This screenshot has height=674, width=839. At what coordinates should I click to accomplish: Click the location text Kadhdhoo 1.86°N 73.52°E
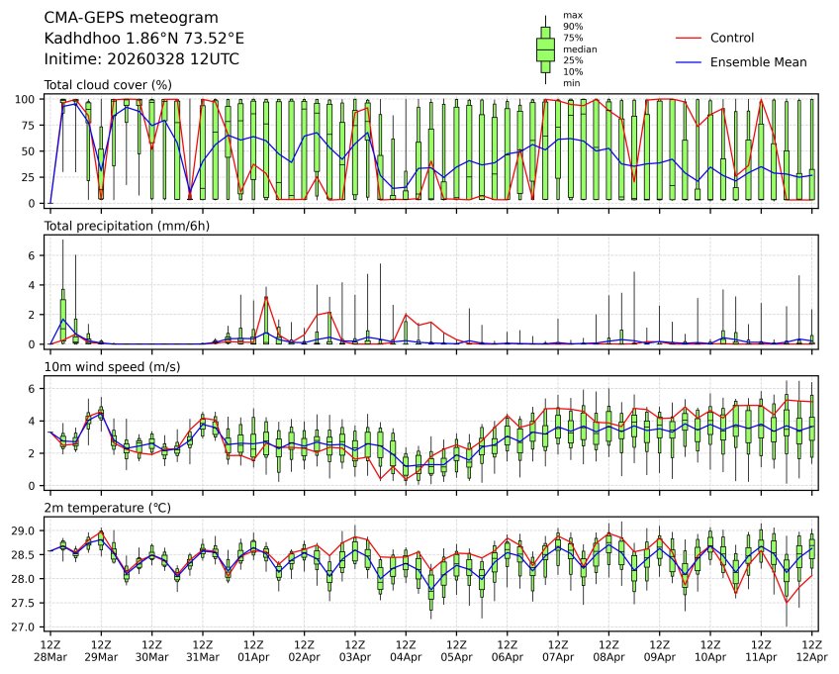144,39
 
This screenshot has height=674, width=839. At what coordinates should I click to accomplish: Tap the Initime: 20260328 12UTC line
141,59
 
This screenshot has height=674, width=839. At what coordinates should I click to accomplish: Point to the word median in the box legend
580,48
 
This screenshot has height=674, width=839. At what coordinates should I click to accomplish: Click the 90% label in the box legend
573,27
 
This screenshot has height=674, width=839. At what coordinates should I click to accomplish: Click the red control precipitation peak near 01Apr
266,297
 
